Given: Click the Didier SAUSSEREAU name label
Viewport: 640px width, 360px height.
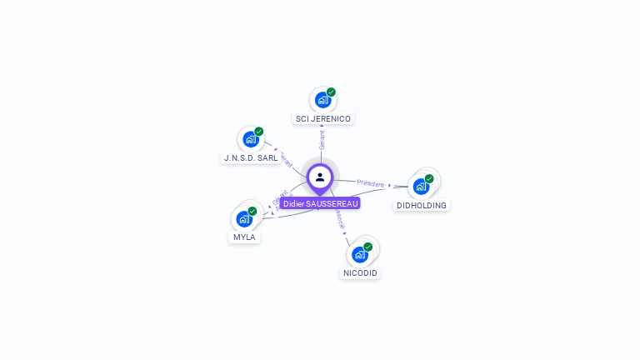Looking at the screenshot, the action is click(320, 203).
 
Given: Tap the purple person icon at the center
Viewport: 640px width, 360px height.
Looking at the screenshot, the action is click(320, 177).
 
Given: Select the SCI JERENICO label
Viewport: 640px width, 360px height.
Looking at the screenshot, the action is click(323, 119).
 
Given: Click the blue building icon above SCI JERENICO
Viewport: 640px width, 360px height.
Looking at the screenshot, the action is click(322, 100).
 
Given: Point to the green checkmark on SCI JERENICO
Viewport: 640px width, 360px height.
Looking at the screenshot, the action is click(331, 92).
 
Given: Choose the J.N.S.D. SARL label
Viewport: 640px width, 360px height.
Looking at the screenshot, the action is click(251, 157).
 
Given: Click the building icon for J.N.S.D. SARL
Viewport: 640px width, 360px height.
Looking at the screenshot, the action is click(250, 139).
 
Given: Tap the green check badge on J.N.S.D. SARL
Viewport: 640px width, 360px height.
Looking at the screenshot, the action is click(258, 132).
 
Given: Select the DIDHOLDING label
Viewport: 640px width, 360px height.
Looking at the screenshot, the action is click(421, 205).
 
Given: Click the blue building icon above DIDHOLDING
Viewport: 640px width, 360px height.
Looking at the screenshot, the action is click(421, 186).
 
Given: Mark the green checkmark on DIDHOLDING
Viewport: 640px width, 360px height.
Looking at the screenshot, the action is click(429, 178).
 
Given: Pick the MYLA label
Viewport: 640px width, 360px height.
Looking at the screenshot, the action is click(244, 237).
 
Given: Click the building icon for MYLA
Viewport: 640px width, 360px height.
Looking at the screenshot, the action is click(244, 218).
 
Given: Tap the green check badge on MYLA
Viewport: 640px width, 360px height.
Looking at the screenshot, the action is click(252, 211).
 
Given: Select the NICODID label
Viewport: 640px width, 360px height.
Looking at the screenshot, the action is click(360, 272).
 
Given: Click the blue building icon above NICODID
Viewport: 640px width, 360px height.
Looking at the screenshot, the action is click(360, 254).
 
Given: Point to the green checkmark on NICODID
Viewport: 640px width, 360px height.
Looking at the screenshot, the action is click(367, 247).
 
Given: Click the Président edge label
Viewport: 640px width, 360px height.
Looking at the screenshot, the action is click(371, 183).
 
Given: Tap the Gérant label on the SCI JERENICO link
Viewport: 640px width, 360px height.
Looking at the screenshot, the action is click(322, 140).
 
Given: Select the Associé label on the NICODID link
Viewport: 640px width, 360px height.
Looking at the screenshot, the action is click(338, 218).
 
